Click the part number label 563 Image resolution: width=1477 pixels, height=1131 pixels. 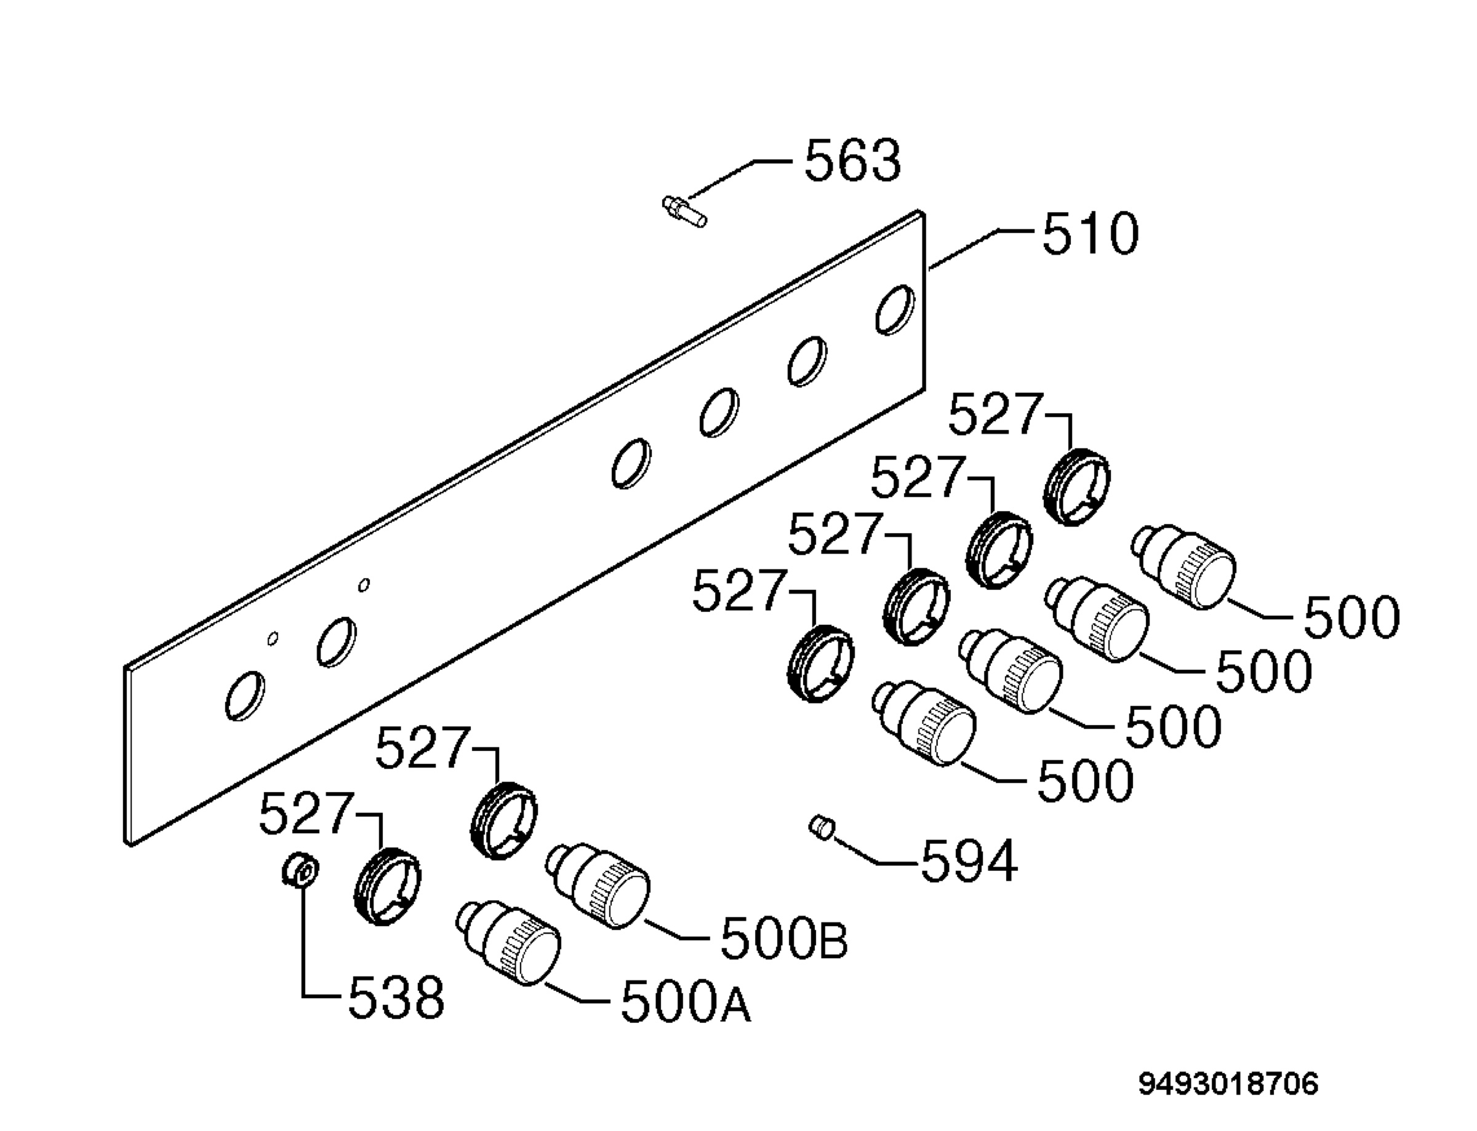point(852,161)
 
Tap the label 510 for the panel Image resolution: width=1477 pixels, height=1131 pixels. point(1091,234)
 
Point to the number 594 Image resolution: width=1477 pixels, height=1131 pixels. point(969,861)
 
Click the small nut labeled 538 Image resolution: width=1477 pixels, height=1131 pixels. point(300,870)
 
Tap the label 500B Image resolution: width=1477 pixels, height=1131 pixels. point(784,939)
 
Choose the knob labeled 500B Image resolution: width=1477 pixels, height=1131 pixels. point(598,886)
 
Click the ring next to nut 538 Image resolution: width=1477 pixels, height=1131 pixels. point(387,887)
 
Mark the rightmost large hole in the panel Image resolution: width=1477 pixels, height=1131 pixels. point(895,310)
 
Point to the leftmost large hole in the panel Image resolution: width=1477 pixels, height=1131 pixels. point(244,696)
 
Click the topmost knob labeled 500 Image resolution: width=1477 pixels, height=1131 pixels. point(1184,567)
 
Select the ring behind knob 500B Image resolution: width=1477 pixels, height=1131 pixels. point(504,820)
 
